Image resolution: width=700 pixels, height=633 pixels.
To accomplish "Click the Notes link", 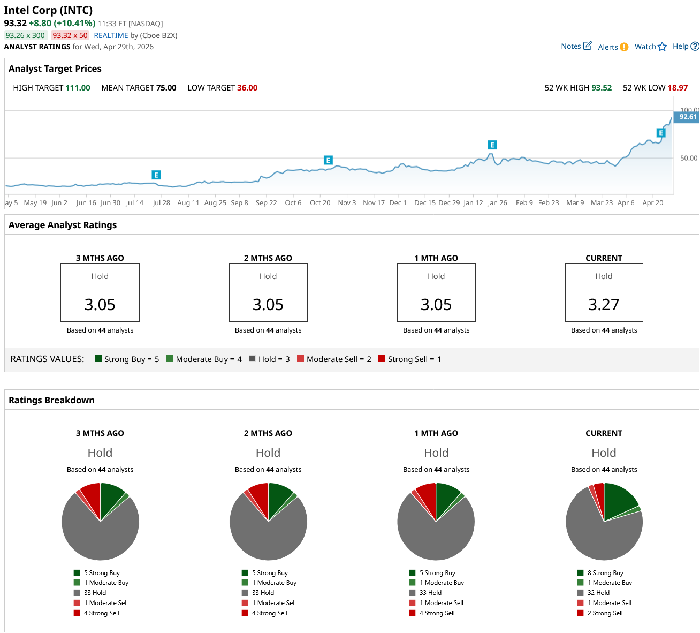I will pos(576,46).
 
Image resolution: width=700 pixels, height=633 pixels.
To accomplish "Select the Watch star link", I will pos(650,47).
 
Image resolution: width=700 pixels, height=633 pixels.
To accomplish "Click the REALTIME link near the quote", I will pos(111,35).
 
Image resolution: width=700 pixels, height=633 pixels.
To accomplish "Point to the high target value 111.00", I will pos(78,88).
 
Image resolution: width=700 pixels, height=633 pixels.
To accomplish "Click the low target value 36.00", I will pos(247,88).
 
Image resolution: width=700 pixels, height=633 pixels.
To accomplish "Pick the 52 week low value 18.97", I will pos(678,88).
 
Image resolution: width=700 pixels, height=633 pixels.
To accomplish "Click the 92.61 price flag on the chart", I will pos(688,117).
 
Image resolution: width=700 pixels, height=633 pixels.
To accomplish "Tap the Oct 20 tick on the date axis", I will pos(320,202).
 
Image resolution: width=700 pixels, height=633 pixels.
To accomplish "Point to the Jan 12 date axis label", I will pos(473,202).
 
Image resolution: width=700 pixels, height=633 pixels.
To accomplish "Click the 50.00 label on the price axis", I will pos(689,158).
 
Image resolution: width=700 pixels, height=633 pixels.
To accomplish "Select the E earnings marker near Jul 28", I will pos(156,175).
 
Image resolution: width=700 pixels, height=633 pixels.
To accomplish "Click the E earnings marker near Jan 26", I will pos(492,145).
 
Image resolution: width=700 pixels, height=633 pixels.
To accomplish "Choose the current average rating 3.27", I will pos(604,304).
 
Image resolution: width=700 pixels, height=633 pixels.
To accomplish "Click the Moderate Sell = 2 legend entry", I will pos(338,359).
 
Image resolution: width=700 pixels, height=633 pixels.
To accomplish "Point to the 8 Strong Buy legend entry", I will pos(605,573).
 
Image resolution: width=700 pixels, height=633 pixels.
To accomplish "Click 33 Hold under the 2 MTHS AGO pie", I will pos(263,593).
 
